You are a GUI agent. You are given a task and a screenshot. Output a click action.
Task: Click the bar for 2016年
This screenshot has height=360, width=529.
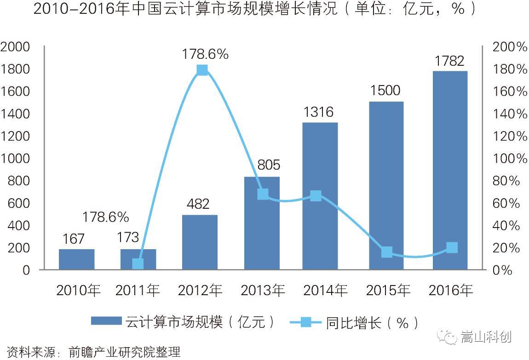(x=449, y=170)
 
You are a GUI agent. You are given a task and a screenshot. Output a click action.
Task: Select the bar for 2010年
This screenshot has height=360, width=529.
(x=77, y=259)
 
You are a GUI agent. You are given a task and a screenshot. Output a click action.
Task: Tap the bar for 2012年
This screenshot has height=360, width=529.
(x=200, y=242)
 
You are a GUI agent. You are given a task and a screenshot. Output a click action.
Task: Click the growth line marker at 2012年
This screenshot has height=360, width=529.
(x=202, y=70)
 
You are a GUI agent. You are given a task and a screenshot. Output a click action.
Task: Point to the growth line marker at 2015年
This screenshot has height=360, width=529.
(x=387, y=252)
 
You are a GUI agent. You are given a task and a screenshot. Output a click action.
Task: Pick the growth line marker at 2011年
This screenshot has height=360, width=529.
(x=138, y=263)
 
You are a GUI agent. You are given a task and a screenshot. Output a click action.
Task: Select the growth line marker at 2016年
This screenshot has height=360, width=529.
(x=452, y=247)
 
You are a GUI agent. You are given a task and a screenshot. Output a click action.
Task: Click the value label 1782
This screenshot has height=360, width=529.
(x=449, y=61)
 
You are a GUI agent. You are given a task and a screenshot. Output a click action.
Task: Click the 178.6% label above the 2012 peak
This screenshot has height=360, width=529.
(x=205, y=54)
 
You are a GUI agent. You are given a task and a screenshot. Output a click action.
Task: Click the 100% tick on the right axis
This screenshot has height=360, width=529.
(x=509, y=159)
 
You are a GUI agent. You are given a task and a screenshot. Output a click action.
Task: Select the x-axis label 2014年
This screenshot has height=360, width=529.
(x=325, y=291)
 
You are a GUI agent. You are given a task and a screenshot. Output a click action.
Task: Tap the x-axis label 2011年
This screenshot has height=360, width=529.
(x=138, y=291)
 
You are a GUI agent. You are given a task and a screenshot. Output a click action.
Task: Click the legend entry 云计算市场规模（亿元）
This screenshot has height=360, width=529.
(x=184, y=322)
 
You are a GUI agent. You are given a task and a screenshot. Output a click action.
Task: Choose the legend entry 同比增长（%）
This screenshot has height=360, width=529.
(x=354, y=322)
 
